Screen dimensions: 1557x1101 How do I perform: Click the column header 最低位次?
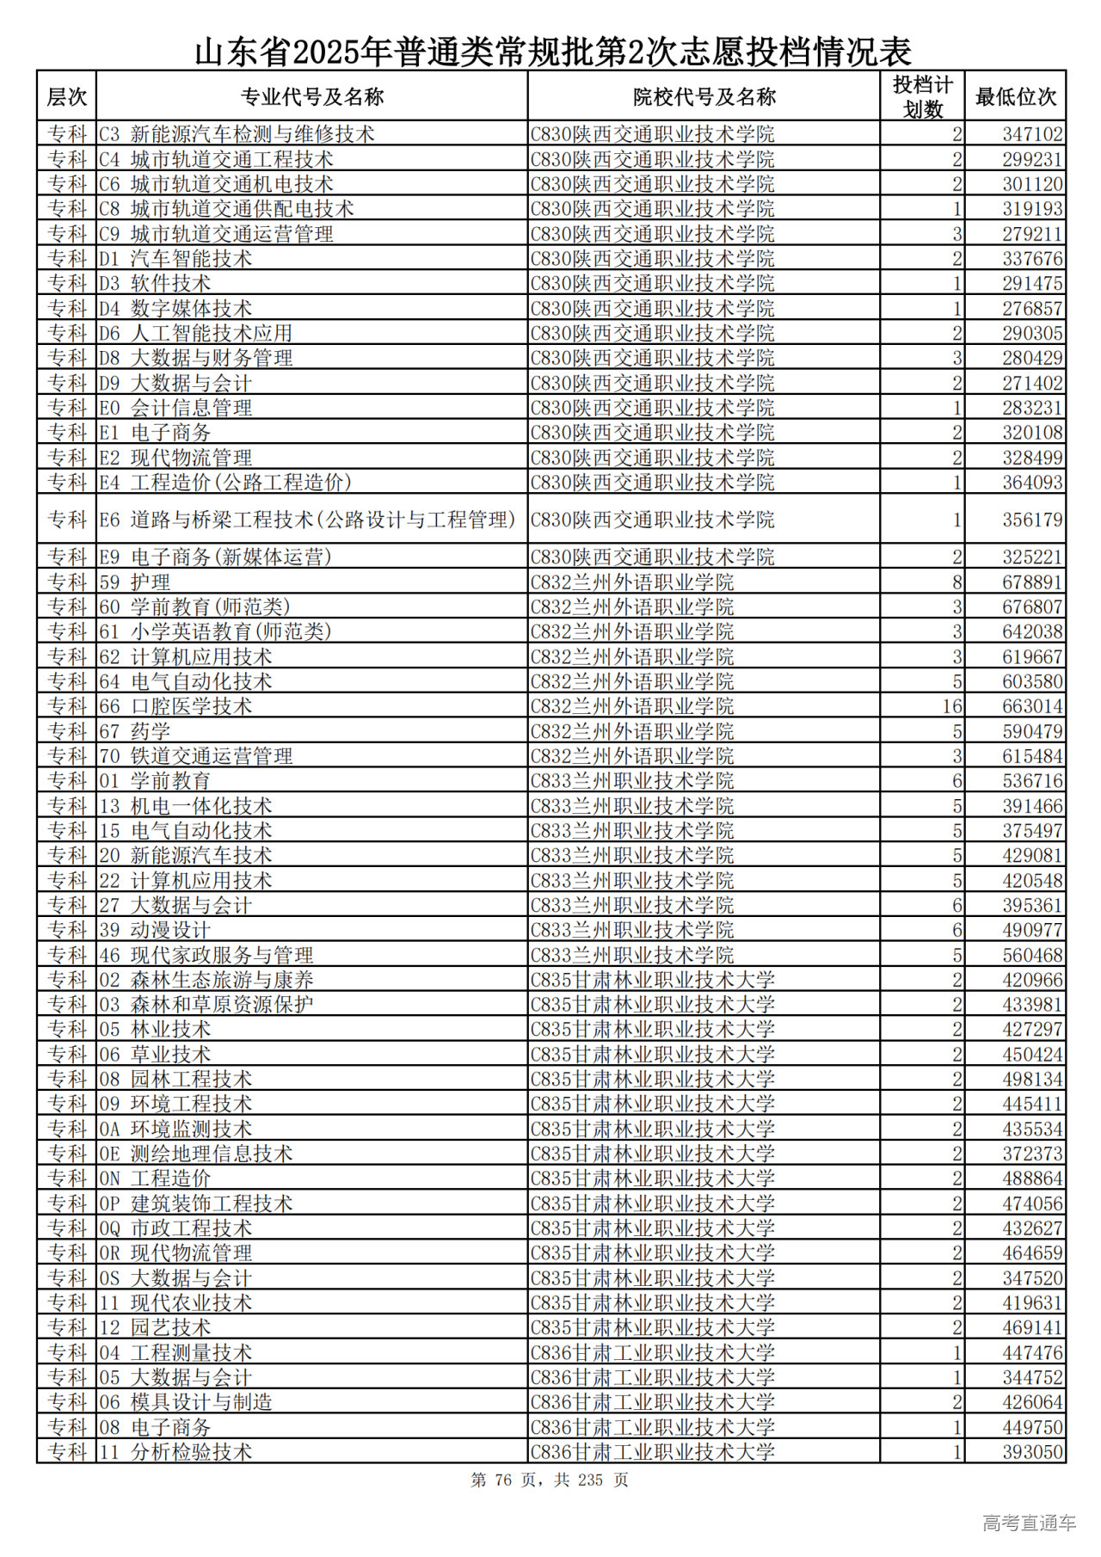1015,96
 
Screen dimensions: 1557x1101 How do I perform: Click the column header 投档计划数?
922,96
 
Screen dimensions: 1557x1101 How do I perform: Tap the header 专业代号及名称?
311,96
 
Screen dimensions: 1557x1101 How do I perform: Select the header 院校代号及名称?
704,96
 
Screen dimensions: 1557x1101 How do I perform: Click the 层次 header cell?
66,96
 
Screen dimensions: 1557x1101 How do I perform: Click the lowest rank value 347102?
1032,134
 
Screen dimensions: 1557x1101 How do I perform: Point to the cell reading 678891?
1032,582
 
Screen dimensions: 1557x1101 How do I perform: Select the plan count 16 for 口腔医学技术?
951,706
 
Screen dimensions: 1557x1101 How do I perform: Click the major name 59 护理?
135,582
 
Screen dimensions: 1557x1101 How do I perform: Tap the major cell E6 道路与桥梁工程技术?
307,520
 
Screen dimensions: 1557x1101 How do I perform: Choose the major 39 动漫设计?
155,930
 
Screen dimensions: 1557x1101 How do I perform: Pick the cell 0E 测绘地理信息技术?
196,1154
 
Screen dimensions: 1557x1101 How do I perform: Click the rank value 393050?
1032,1452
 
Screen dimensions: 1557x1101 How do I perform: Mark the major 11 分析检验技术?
175,1452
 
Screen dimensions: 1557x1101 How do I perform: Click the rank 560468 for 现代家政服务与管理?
1032,955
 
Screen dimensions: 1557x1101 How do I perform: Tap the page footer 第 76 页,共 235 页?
550,1480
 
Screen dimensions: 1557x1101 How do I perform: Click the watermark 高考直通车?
1029,1523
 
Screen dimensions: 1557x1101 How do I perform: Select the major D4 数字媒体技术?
175,308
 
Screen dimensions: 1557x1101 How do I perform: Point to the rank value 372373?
1032,1154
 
